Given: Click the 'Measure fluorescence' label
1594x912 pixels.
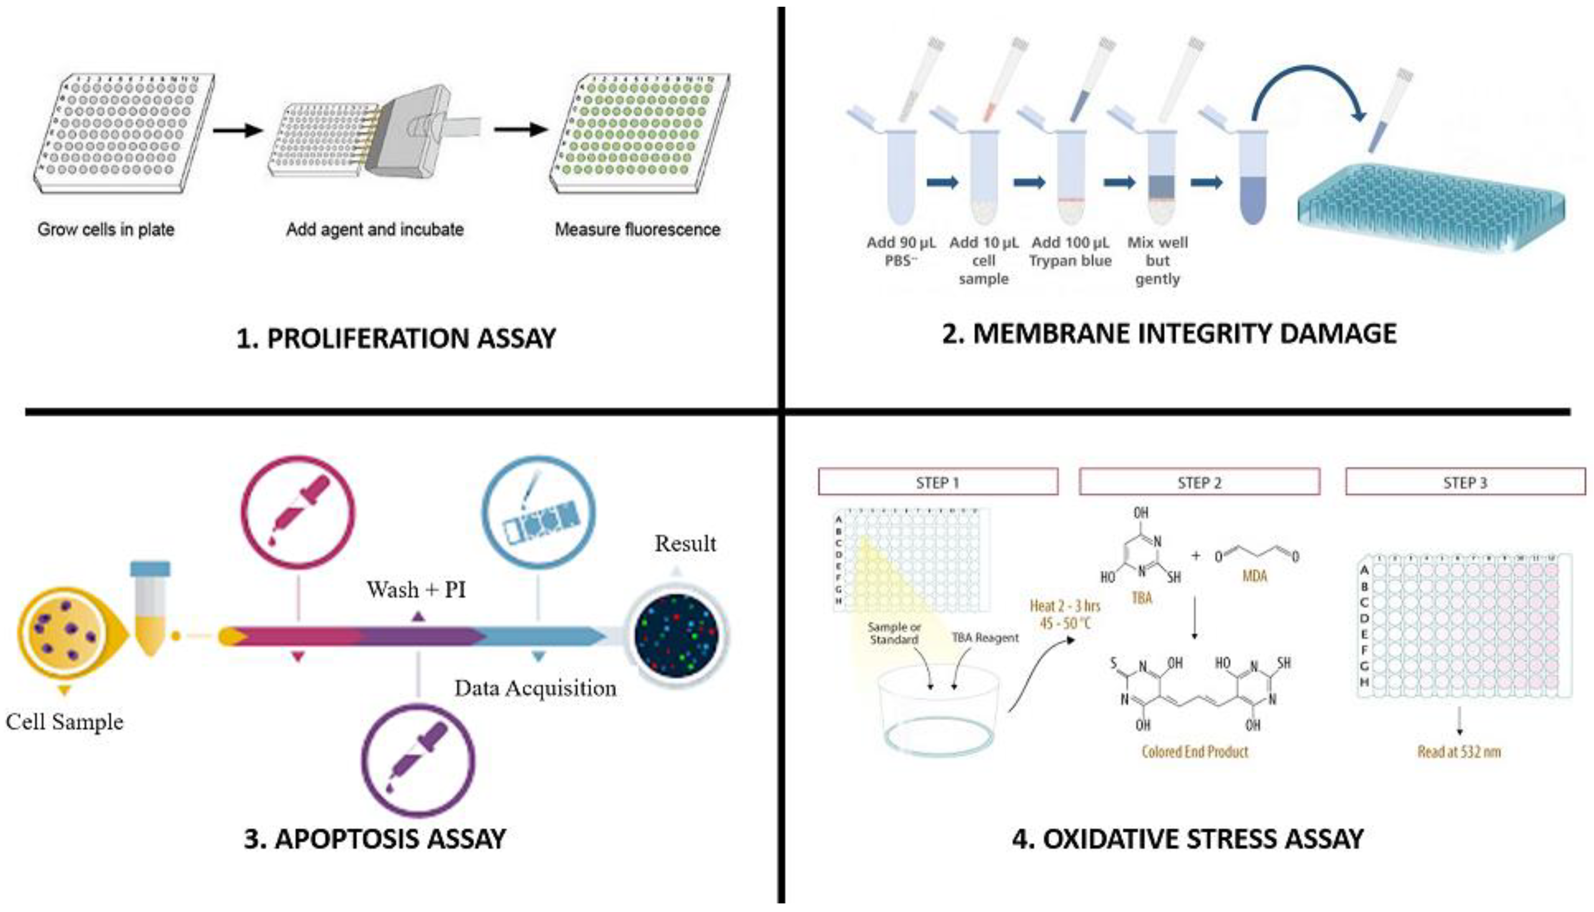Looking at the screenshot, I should pyautogui.click(x=637, y=229).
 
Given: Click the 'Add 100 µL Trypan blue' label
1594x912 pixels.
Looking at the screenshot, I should pyautogui.click(x=1070, y=251).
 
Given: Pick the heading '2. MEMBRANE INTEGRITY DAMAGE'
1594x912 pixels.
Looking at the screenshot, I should pyautogui.click(x=1169, y=334).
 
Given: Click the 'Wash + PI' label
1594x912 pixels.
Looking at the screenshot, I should pyautogui.click(x=417, y=590).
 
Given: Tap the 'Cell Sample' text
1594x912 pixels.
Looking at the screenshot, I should pyautogui.click(x=65, y=721).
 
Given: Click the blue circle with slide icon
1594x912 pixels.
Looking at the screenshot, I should pyautogui.click(x=538, y=512).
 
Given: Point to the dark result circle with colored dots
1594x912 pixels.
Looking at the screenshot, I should pyautogui.click(x=676, y=634).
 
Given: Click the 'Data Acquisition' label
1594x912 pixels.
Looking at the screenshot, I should pyautogui.click(x=535, y=688).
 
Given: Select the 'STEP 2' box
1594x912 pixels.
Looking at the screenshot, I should pyautogui.click(x=1199, y=482).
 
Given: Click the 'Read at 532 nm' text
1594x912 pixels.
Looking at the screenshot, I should pyautogui.click(x=1459, y=752).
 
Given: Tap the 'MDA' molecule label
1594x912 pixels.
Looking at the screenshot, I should pyautogui.click(x=1254, y=576).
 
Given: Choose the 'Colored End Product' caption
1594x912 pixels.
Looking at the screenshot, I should pyautogui.click(x=1195, y=752).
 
